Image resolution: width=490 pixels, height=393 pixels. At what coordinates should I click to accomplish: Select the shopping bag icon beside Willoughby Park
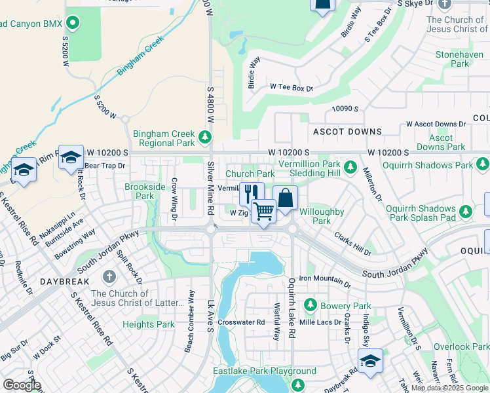pos(286,197)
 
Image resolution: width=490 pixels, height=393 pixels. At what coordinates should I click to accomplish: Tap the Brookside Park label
pos(139,191)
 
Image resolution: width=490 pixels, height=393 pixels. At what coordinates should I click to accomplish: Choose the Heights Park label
pos(149,324)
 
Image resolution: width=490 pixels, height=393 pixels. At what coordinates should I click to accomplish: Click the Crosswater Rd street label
pos(241,322)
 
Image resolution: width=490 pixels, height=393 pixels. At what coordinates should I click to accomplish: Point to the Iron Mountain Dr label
pos(326,278)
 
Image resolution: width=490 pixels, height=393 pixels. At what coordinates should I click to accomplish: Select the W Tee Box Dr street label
pos(292,87)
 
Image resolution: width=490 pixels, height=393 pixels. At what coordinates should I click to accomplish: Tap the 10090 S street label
pos(345,109)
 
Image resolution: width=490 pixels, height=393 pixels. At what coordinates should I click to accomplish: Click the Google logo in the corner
pos(22,384)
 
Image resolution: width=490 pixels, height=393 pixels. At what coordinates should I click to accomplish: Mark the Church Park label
pos(250,174)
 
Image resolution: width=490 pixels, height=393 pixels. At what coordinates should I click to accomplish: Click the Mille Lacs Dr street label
pos(320,322)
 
